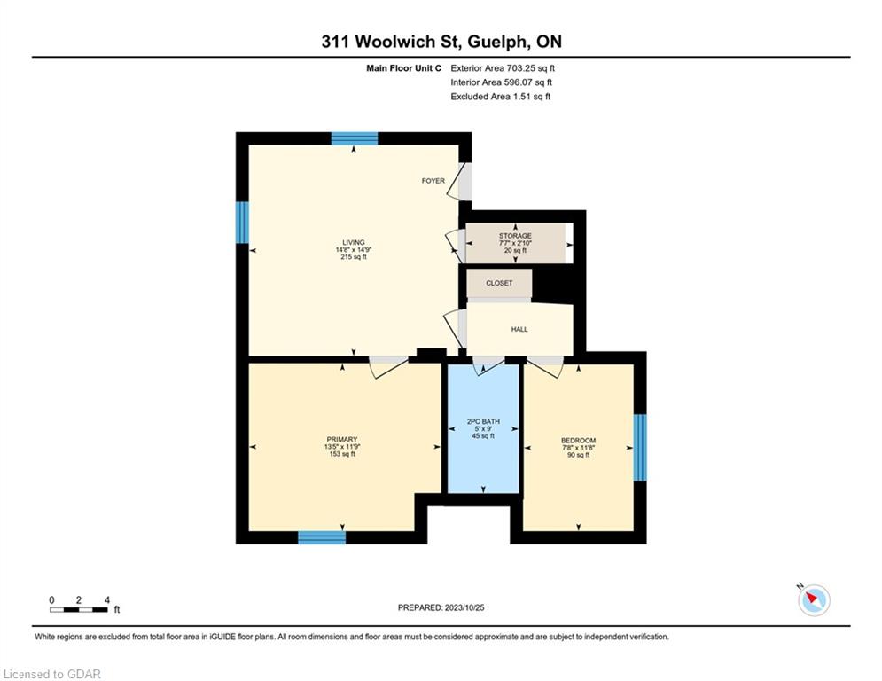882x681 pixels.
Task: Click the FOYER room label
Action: [433, 181]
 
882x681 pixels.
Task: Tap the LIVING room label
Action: [354, 243]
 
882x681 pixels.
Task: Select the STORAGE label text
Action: [515, 236]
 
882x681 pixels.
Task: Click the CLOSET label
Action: [499, 283]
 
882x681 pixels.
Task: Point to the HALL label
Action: [519, 329]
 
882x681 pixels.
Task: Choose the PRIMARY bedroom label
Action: [342, 440]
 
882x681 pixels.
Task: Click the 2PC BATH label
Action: [483, 421]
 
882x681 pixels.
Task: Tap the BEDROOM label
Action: [578, 441]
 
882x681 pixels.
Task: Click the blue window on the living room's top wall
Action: [355, 138]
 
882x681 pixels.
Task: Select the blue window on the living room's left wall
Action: [242, 223]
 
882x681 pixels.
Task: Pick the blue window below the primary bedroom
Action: [322, 537]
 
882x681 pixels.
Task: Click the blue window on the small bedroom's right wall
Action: [640, 448]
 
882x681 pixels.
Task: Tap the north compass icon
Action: [814, 599]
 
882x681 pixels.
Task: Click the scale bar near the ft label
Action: [78, 609]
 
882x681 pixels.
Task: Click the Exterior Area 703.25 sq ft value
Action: [503, 68]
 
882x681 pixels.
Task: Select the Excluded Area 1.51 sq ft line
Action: [501, 97]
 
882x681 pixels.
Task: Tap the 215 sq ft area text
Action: [354, 256]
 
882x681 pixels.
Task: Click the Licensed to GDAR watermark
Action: [51, 674]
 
